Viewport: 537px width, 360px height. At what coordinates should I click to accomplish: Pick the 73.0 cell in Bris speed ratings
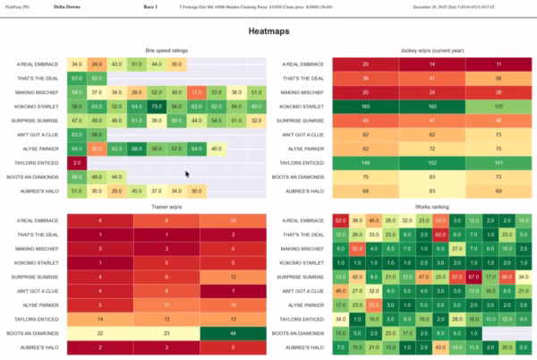[x=136, y=106]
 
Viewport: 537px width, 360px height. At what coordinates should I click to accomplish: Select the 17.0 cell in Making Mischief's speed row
[x=196, y=91]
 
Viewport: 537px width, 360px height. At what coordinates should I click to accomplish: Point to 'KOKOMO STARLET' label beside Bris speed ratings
[x=38, y=106]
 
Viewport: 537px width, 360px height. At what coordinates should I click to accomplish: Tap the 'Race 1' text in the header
[x=149, y=6]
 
